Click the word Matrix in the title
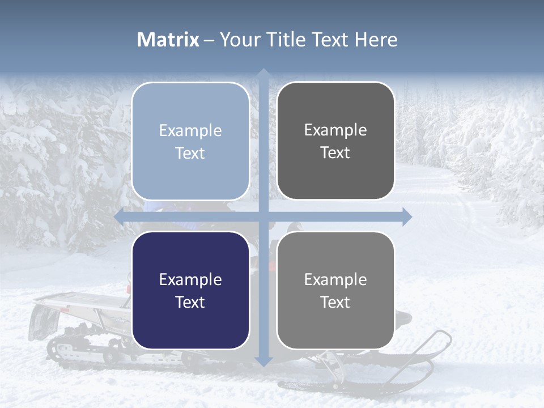tap(168, 40)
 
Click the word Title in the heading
tap(287, 40)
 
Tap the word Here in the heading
tap(376, 40)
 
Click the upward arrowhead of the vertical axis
tap(263, 74)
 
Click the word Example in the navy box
tap(190, 279)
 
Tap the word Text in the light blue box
tap(190, 153)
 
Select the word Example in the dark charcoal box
tap(335, 130)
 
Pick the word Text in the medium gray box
tap(335, 302)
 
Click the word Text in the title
tap(329, 40)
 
